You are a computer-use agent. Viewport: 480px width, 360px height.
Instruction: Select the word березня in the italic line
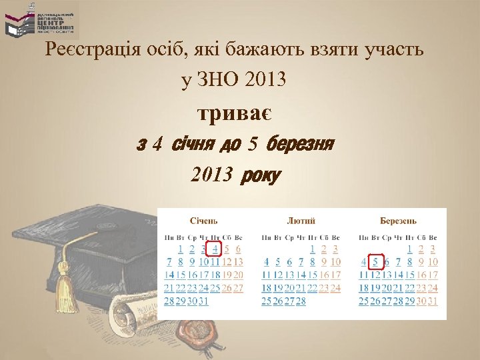point(299,143)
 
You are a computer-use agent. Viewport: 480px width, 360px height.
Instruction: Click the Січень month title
point(204,221)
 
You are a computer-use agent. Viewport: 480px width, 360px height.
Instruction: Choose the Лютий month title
point(301,221)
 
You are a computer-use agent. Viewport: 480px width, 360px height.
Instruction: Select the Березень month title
point(398,221)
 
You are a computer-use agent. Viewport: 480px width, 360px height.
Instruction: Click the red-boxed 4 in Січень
point(214,249)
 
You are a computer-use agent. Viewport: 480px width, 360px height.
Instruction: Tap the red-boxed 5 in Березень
point(376,262)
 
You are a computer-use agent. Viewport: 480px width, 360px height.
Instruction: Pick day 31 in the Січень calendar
point(203,301)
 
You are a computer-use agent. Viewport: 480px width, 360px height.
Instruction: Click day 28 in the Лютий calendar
point(300,301)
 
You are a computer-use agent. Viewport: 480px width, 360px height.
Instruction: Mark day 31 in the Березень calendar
point(433,301)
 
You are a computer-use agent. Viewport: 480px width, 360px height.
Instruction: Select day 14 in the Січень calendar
point(169,275)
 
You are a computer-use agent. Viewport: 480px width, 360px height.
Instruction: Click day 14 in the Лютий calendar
point(300,275)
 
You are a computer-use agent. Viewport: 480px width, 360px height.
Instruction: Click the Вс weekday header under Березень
point(433,237)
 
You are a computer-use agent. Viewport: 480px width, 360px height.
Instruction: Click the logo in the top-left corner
point(40,19)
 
